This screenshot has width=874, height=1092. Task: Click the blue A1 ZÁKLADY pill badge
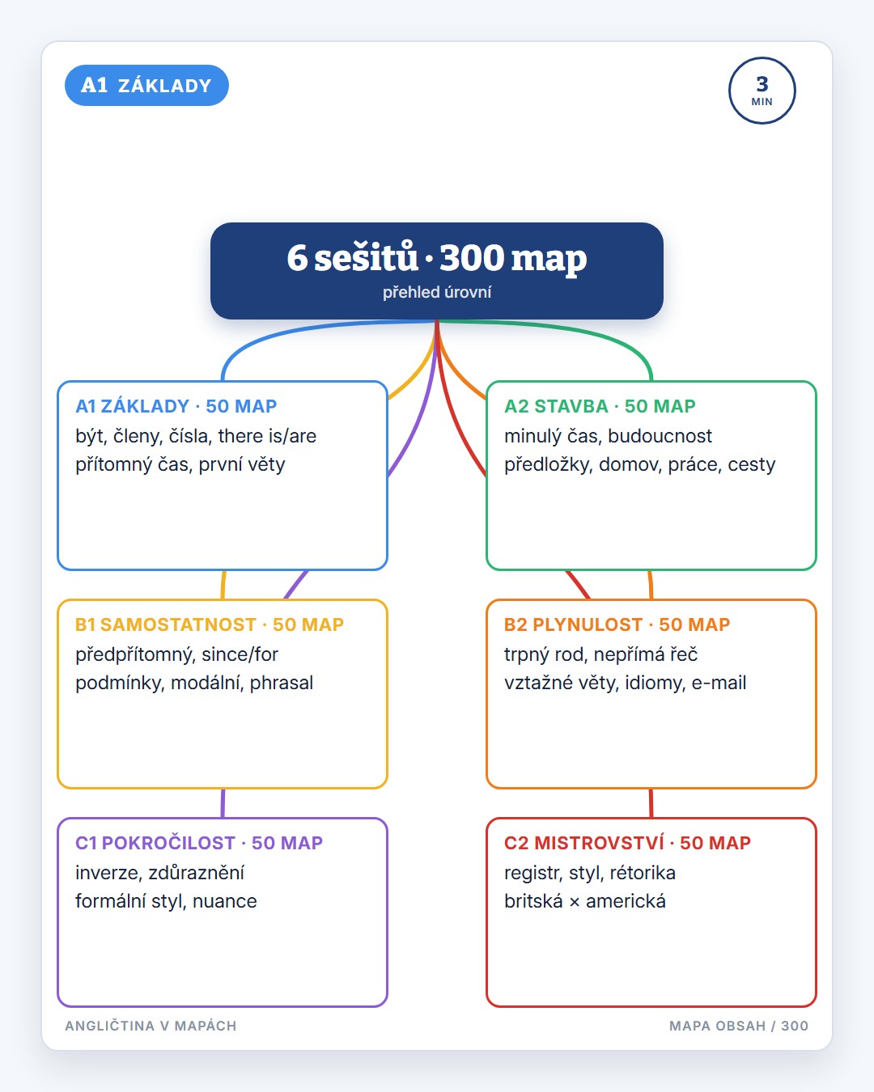(x=146, y=85)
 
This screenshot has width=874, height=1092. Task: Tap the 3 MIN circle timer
(x=762, y=91)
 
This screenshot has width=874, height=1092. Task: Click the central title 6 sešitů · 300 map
(x=437, y=258)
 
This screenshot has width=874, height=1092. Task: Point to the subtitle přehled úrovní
(x=437, y=292)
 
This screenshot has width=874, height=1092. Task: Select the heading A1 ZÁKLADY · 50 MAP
(x=176, y=406)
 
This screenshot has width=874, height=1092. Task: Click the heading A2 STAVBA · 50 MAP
(x=600, y=406)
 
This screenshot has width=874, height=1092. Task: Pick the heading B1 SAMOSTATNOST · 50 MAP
(x=210, y=624)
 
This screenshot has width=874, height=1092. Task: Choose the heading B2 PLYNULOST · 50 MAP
(x=617, y=624)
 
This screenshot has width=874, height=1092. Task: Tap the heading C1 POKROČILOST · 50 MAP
(x=199, y=842)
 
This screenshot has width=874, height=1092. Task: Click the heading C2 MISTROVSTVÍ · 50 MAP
(x=628, y=842)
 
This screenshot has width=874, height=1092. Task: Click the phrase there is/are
(x=267, y=436)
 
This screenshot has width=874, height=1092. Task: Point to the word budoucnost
(x=660, y=436)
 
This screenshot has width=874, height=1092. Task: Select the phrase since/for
(x=240, y=654)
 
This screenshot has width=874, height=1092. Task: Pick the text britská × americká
(x=585, y=901)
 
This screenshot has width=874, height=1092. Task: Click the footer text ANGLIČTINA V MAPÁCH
(x=151, y=1026)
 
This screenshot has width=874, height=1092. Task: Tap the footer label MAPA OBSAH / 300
(x=739, y=1026)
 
